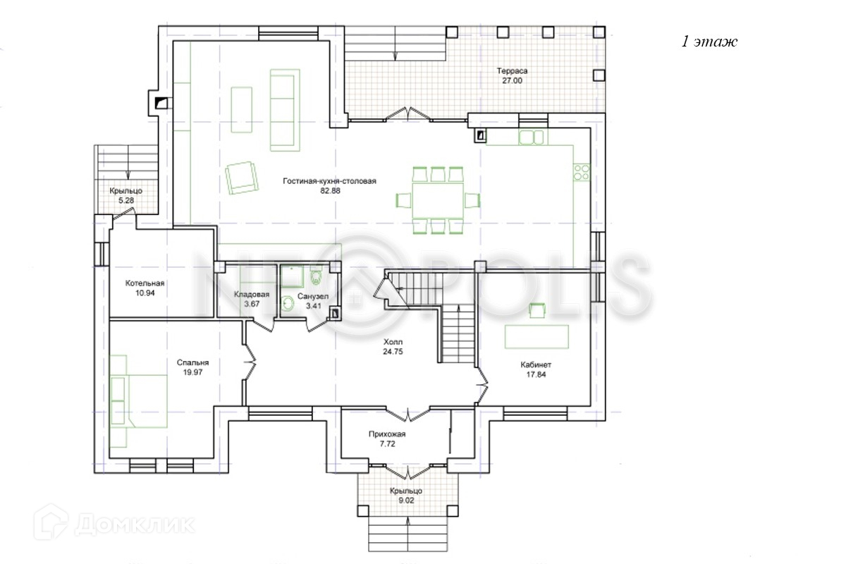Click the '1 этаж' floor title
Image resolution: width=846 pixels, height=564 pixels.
pos(709,42)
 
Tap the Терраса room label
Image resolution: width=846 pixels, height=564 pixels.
pos(512,70)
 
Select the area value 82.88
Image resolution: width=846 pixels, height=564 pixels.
pos(330,191)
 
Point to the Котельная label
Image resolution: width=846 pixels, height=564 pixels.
pos(145,283)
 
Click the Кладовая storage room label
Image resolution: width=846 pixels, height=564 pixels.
pos(252,294)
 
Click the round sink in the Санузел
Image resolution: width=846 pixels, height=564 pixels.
pos(288,303)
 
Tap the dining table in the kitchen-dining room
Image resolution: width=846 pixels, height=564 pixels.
pos(438,200)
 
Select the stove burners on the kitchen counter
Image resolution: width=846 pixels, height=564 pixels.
pos(581,172)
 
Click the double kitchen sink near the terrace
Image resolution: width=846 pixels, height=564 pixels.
pos(531,137)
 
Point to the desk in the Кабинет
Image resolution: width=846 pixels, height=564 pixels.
pos(537,336)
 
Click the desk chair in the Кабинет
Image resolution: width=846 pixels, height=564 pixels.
pos(537,310)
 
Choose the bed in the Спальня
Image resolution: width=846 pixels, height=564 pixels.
pos(140,401)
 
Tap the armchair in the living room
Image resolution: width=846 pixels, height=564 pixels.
pos(242,178)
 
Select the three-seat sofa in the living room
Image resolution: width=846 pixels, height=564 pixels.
pos(285,110)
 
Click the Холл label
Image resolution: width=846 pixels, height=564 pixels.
pos(393,342)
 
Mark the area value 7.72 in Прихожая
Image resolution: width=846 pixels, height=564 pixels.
pos(388,444)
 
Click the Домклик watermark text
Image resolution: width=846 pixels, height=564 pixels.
pos(135,524)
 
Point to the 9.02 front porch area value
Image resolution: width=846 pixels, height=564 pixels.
pos(406,501)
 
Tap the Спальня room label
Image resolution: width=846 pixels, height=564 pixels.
pos(192,362)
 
